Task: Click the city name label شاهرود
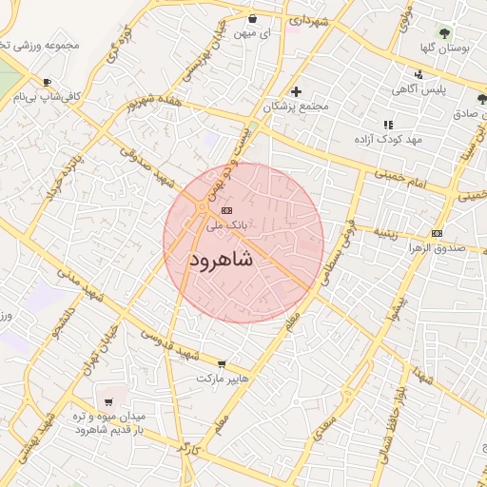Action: pos(221,260)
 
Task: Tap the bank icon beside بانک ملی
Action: pos(225,210)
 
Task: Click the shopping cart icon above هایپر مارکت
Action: pos(223,363)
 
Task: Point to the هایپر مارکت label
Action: pos(222,379)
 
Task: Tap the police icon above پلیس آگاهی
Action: pos(419,75)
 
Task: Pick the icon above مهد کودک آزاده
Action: pos(387,125)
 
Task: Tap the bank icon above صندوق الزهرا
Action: pos(437,233)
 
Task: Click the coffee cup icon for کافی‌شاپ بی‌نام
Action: pos(47,83)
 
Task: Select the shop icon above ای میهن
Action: pos(252,18)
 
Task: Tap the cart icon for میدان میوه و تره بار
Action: pos(107,402)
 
